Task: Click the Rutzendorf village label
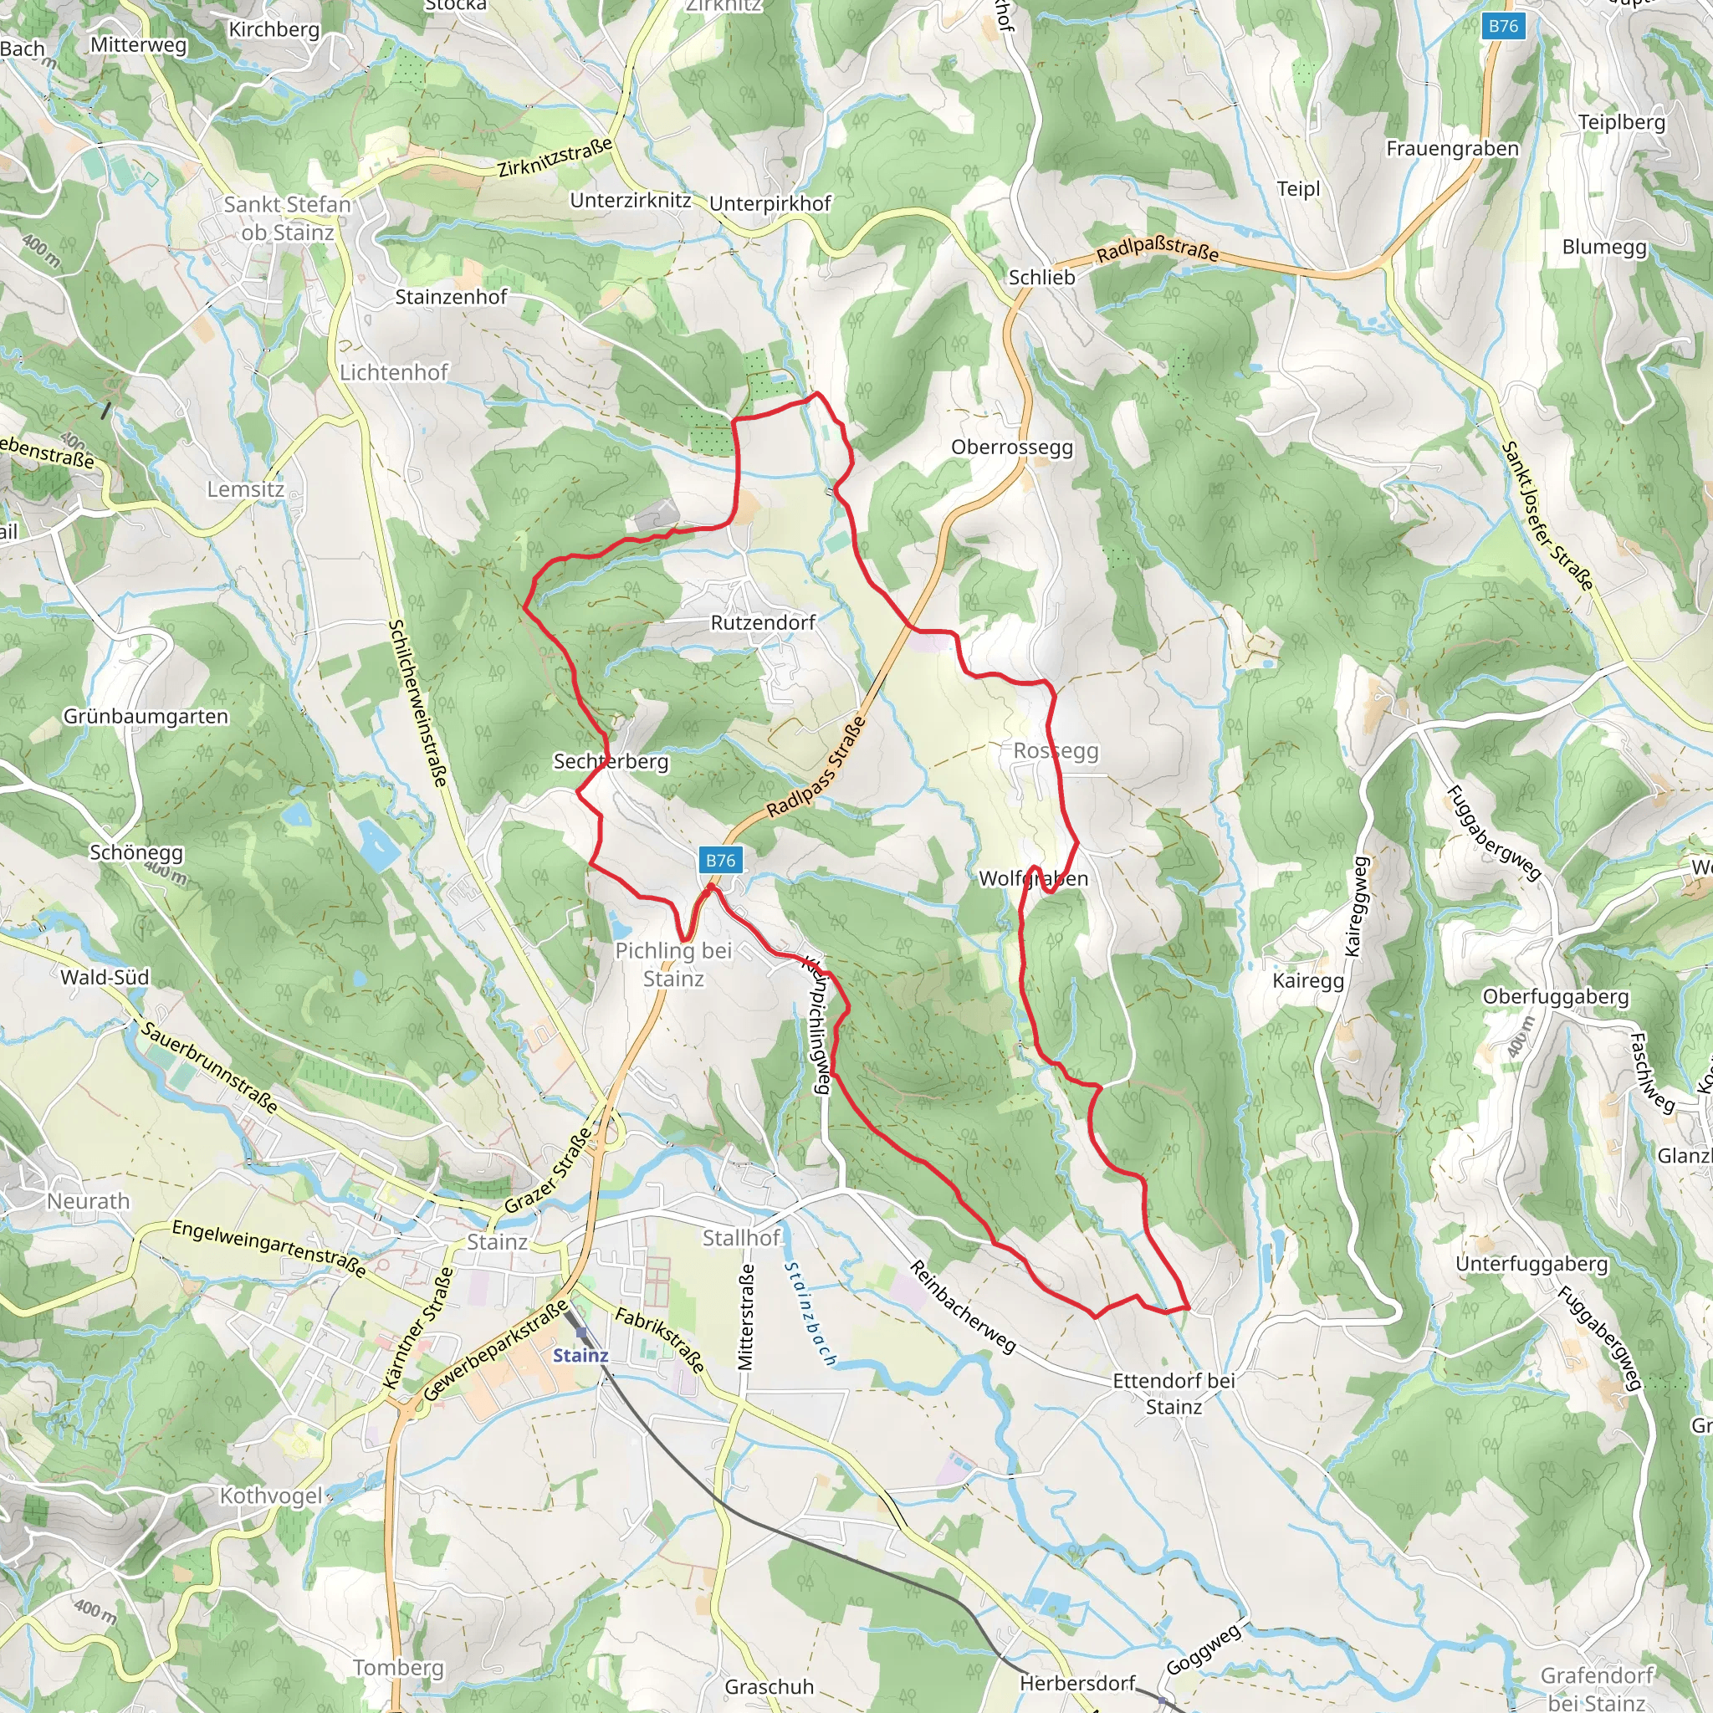[763, 622]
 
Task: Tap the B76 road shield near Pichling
[720, 859]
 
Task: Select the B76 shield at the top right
[1503, 26]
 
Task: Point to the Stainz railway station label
[580, 1355]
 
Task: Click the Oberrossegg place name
[1012, 447]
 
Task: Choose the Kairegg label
[1308, 980]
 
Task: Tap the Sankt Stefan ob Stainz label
[287, 218]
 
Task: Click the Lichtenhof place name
[394, 372]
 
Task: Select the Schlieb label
[1042, 278]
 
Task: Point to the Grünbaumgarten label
[146, 717]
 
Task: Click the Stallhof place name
[741, 1238]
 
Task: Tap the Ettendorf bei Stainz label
[1173, 1393]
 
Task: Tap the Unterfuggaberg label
[1531, 1264]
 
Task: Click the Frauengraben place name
[1452, 149]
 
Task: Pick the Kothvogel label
[271, 1496]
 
